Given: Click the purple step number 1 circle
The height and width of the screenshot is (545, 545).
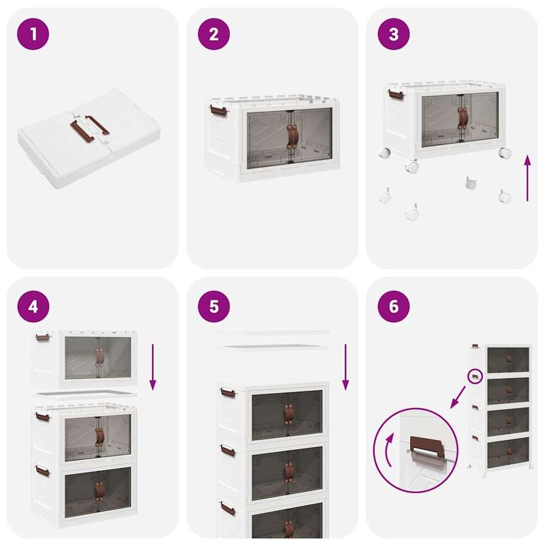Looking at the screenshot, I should (x=34, y=35).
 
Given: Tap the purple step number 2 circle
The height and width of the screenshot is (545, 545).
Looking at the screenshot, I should (x=214, y=35).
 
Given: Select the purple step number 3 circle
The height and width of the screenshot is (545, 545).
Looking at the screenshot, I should (x=394, y=35).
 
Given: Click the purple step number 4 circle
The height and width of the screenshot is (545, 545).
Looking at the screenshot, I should (x=34, y=307).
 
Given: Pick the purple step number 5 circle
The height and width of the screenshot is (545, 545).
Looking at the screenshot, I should (x=214, y=307).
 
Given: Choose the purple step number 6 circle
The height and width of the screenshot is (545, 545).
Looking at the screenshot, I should (x=394, y=307).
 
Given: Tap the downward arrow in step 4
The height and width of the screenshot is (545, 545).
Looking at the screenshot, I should (x=153, y=367).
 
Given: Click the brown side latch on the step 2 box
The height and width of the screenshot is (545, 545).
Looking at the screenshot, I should (x=217, y=108).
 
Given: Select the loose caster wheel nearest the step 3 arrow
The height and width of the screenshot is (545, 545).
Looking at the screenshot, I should (x=504, y=196).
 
